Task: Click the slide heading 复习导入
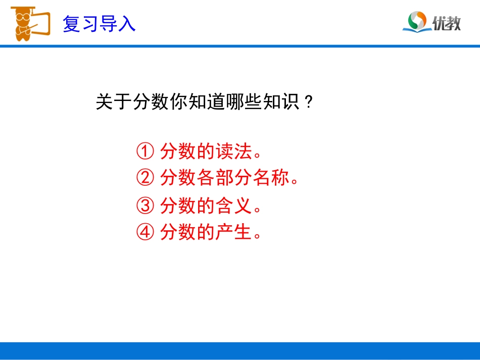(x=99, y=24)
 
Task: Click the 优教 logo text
(x=447, y=23)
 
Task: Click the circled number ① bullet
(x=145, y=151)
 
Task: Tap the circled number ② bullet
(x=145, y=178)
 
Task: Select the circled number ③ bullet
(x=145, y=205)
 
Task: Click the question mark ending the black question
(x=308, y=103)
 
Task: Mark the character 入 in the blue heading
(x=127, y=24)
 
